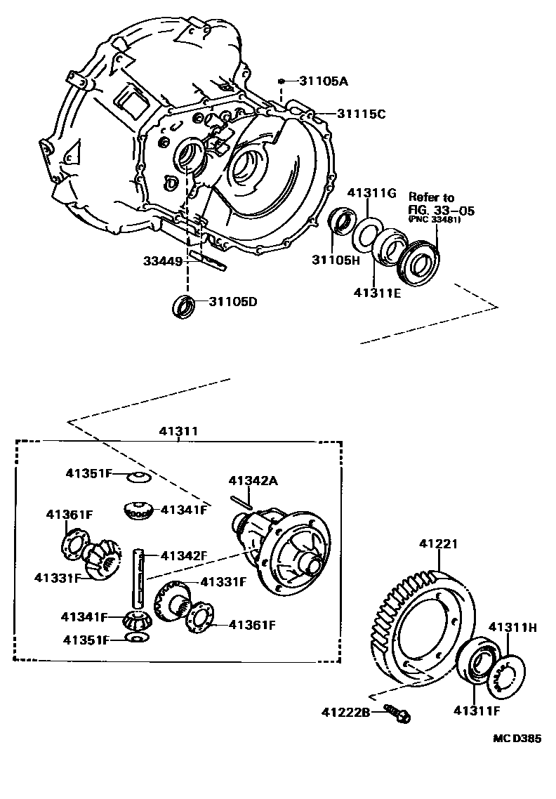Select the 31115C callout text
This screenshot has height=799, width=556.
(x=361, y=114)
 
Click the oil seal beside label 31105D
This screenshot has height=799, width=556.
(x=184, y=306)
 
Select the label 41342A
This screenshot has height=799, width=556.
(x=253, y=480)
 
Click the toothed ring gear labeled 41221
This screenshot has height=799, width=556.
(x=421, y=625)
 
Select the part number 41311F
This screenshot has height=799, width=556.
(x=477, y=711)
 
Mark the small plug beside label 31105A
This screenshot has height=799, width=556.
(x=281, y=81)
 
